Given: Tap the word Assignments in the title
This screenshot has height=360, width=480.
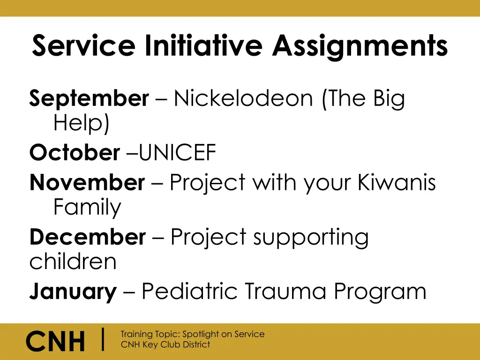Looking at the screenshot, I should click(x=360, y=46).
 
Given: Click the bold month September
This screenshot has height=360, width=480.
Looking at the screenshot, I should click(x=89, y=99).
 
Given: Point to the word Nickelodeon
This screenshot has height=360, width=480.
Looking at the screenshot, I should click(x=243, y=99).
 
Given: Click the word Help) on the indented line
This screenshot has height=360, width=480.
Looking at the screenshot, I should click(x=82, y=124).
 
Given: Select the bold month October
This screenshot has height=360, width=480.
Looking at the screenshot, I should click(x=75, y=153).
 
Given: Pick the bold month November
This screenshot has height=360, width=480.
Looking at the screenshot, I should click(x=87, y=182).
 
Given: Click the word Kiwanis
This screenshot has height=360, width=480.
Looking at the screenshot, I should click(x=397, y=182).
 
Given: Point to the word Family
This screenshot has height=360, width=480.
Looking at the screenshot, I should click(x=87, y=208).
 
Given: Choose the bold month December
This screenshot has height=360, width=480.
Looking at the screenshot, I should click(x=88, y=237).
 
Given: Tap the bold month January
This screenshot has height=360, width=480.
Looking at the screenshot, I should click(x=73, y=292).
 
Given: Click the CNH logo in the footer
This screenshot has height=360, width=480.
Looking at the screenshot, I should click(x=55, y=341).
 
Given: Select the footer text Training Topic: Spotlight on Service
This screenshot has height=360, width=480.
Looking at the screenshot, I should click(x=192, y=334).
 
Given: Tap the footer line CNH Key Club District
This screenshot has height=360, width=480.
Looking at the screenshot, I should click(x=165, y=345).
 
